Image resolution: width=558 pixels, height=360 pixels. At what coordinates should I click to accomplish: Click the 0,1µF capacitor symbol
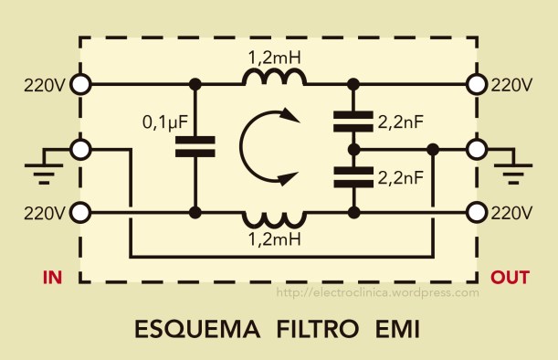(195, 147)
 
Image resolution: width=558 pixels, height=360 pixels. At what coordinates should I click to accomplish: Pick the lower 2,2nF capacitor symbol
(353, 175)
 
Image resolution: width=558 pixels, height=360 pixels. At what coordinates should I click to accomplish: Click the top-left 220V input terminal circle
(80, 85)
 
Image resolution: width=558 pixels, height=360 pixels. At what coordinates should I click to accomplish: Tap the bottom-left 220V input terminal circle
(80, 213)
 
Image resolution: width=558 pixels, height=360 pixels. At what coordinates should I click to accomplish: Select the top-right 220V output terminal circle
(477, 85)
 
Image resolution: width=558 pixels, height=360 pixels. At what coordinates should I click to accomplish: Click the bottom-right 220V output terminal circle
(477, 213)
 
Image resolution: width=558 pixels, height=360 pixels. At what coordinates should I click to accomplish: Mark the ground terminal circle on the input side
(80, 148)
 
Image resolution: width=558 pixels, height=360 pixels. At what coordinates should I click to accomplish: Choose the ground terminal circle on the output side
(477, 148)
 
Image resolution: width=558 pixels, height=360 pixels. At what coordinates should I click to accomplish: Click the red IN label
(52, 276)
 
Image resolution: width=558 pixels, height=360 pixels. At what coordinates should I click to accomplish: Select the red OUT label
(509, 276)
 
